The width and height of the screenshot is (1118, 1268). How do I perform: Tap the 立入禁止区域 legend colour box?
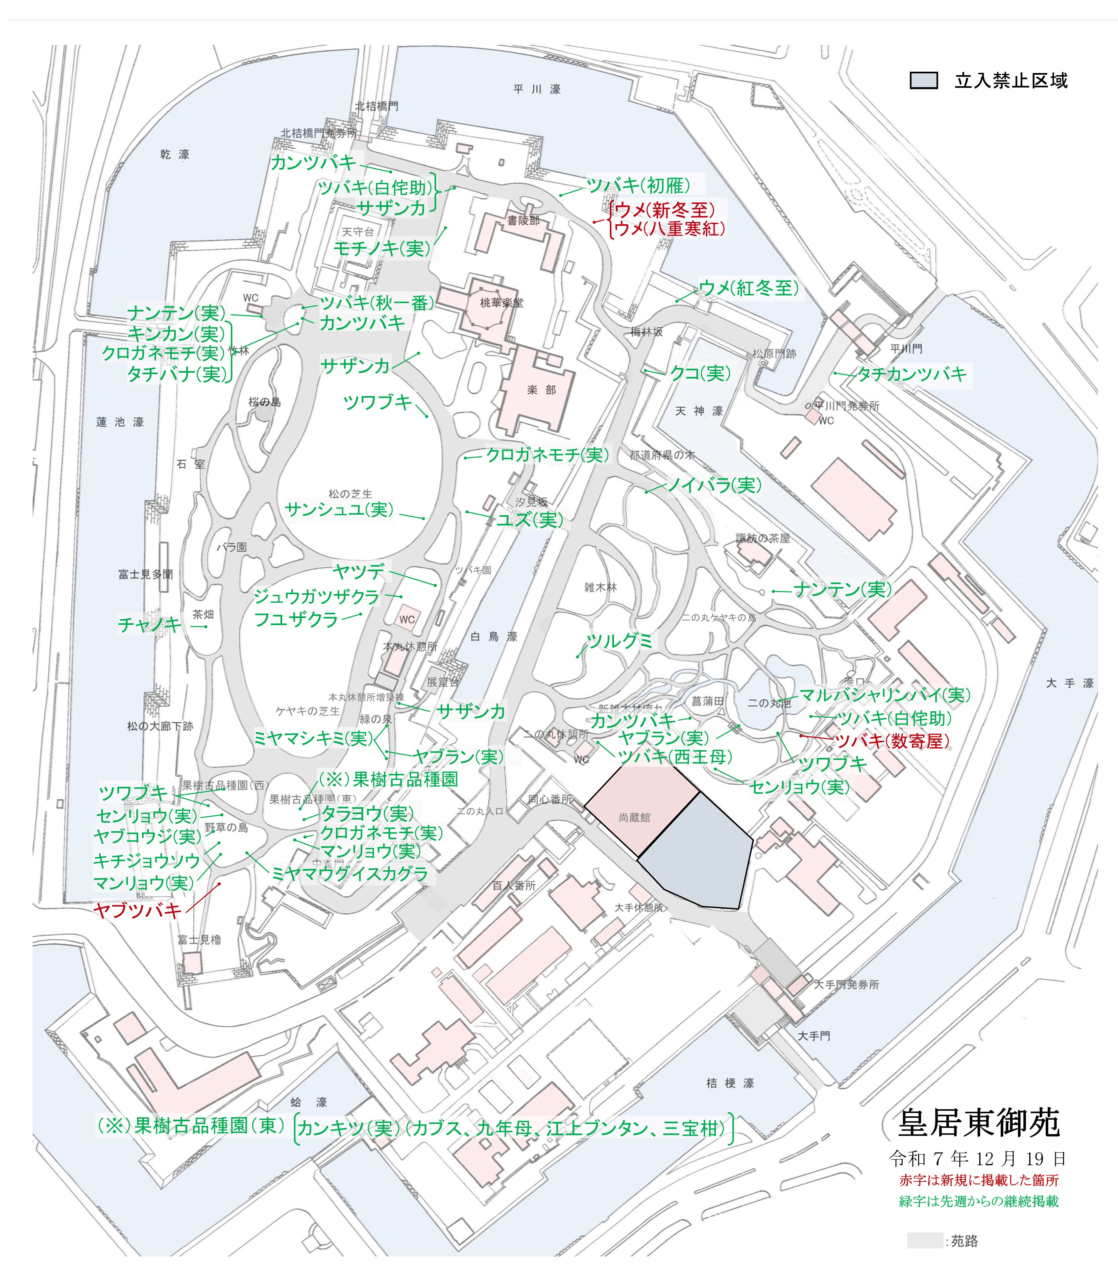[923, 81]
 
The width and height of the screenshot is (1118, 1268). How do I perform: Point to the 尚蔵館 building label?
[634, 818]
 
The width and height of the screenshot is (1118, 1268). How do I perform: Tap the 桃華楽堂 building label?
[502, 303]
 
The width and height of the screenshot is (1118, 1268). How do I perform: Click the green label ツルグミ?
[620, 641]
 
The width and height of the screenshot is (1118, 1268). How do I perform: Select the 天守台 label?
[358, 232]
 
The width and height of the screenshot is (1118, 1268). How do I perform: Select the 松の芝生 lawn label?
[350, 494]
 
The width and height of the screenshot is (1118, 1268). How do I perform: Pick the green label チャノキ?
[149, 625]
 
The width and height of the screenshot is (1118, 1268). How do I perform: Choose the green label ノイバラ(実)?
[714, 485]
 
